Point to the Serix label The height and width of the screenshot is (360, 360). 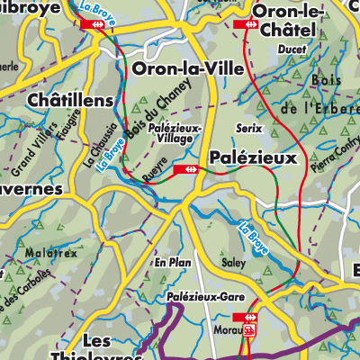pyautogui.click(x=248, y=129)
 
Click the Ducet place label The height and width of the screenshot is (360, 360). pyautogui.click(x=292, y=50)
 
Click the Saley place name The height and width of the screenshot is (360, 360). pyautogui.click(x=233, y=263)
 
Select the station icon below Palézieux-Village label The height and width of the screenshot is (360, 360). pyautogui.click(x=189, y=168)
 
